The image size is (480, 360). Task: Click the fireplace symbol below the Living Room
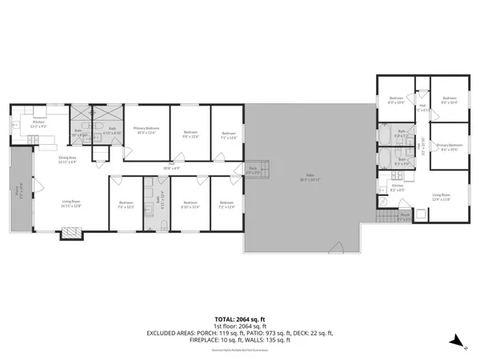72,232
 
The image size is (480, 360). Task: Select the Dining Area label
67,160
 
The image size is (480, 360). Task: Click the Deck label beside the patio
253,169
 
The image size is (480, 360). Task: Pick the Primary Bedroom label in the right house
446,147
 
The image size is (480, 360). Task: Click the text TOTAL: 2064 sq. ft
239,318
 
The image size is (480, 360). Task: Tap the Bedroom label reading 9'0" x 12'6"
190,134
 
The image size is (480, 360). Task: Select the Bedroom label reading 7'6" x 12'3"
126,205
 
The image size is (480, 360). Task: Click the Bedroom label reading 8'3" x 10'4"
396,102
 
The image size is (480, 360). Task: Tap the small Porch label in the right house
405,216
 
